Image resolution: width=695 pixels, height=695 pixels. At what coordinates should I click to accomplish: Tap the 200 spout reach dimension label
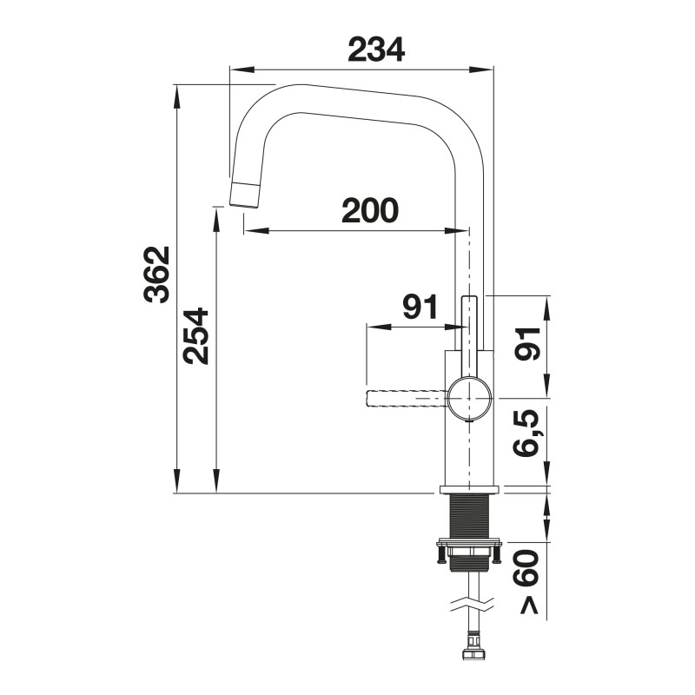coord(370,210)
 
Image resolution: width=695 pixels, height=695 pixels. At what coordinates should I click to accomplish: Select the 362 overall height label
coord(157,275)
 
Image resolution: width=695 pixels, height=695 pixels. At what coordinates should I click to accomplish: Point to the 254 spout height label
coord(195,336)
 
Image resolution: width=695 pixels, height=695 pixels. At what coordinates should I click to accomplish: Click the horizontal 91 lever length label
coord(420,307)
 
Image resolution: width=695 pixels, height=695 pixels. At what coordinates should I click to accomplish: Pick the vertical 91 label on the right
coord(526,343)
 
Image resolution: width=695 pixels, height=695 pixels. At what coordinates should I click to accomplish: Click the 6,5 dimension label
coord(526,433)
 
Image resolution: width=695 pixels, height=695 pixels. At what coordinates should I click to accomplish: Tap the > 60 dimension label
coord(526,581)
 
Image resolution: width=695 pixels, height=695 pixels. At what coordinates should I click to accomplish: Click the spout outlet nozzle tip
coord(244,194)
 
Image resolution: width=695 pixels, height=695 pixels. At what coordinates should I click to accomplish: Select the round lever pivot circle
coord(470,398)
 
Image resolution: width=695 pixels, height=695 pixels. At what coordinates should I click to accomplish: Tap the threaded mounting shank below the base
coord(470,517)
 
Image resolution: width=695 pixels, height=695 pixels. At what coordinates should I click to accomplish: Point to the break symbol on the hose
coord(472,605)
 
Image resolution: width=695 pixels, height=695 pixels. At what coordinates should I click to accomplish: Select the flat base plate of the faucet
coord(469,490)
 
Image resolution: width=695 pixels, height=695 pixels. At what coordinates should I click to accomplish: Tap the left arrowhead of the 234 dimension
coord(242,69)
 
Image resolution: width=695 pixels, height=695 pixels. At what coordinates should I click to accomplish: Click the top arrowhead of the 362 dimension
coord(177,96)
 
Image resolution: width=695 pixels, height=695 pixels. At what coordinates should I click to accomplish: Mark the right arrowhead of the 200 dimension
coord(456,230)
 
